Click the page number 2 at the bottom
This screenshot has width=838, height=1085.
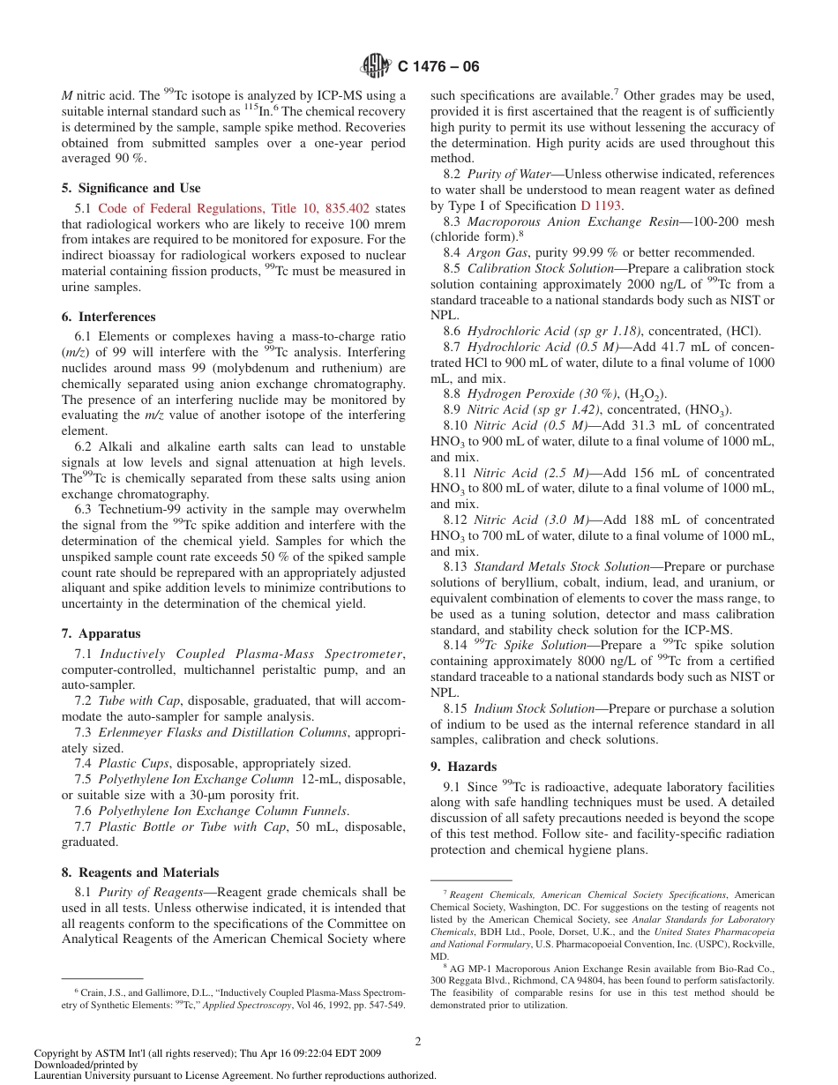418,1041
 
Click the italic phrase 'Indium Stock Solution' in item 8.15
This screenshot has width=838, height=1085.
533,708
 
